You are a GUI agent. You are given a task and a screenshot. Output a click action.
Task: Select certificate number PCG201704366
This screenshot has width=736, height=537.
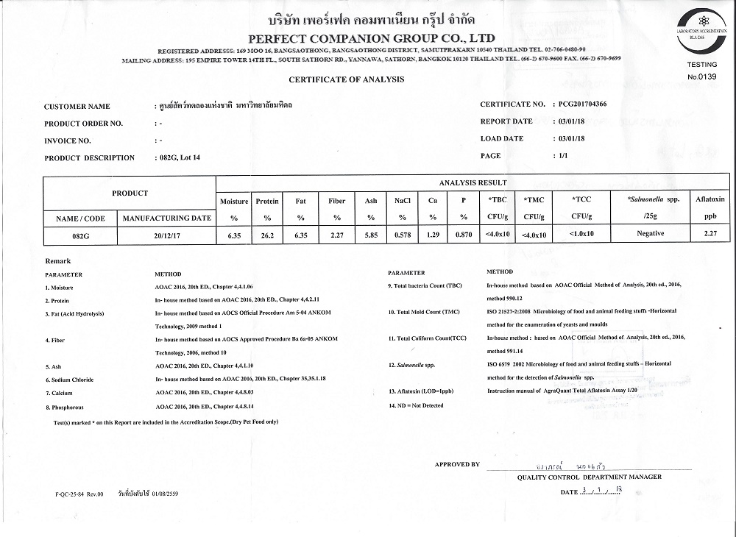[x=582, y=104]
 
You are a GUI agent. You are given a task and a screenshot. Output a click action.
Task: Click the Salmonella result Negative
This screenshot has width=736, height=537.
[x=650, y=234]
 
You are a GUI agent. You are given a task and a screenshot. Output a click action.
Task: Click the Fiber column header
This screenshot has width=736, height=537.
[x=336, y=201]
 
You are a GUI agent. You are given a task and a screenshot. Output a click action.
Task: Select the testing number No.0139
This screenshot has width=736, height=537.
[x=701, y=77]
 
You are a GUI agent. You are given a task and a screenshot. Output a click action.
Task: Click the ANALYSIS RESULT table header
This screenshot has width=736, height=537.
[x=472, y=182]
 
